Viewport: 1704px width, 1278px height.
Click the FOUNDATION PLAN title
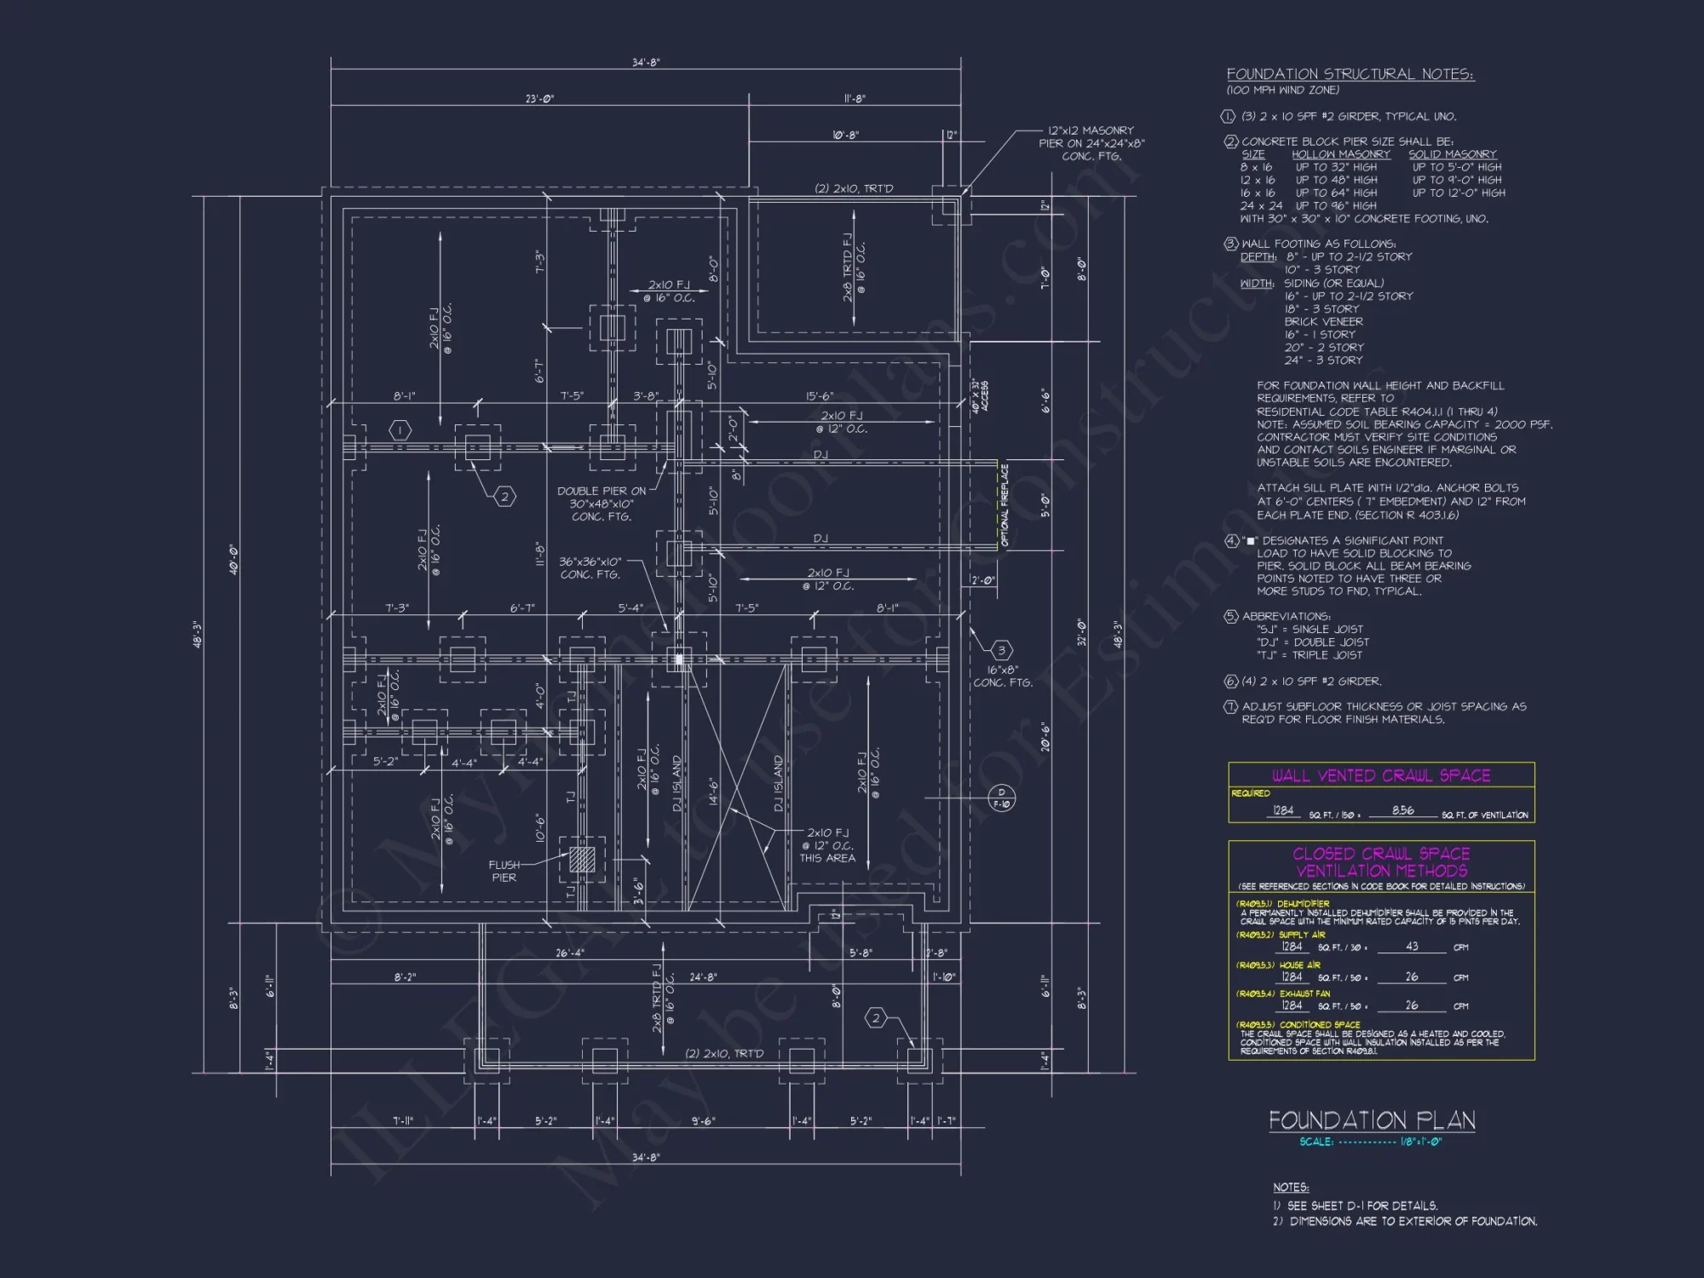pyautogui.click(x=1372, y=1120)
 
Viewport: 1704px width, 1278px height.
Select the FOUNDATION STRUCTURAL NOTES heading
pyautogui.click(x=1350, y=75)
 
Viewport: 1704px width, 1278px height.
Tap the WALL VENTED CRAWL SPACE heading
pyautogui.click(x=1381, y=775)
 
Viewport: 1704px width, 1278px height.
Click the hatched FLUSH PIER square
pyautogui.click(x=582, y=858)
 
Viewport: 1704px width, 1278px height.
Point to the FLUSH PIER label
pyautogui.click(x=504, y=871)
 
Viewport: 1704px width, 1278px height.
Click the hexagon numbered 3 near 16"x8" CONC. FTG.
pyautogui.click(x=1001, y=650)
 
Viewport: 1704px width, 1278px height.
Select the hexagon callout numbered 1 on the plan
pyautogui.click(x=400, y=430)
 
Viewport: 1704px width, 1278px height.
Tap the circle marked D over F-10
pyautogui.click(x=1001, y=798)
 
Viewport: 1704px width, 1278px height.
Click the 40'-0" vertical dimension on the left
pyautogui.click(x=233, y=560)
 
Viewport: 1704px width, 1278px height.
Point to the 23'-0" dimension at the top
pyautogui.click(x=539, y=99)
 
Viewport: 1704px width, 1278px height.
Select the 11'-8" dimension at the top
pyautogui.click(x=854, y=99)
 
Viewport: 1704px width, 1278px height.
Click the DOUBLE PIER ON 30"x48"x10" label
pyautogui.click(x=602, y=504)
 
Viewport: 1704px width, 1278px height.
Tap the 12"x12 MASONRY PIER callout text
pyautogui.click(x=1091, y=143)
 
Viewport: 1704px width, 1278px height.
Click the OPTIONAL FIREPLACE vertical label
pyautogui.click(x=1005, y=504)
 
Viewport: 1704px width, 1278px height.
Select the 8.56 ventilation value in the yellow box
pyautogui.click(x=1402, y=810)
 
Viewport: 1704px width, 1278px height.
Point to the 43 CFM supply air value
pyautogui.click(x=1412, y=947)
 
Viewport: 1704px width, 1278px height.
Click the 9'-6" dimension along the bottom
pyautogui.click(x=703, y=1121)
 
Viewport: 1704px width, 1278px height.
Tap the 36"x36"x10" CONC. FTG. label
pyautogui.click(x=590, y=568)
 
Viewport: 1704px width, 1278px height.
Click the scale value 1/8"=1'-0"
pyautogui.click(x=1420, y=1142)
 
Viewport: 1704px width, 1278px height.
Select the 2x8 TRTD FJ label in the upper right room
pyautogui.click(x=849, y=268)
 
